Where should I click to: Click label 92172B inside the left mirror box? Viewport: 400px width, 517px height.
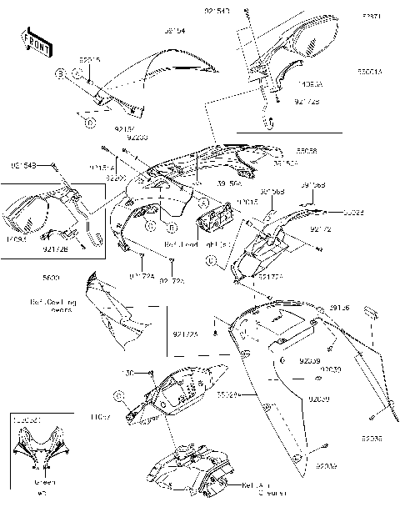pyautogui.click(x=55, y=248)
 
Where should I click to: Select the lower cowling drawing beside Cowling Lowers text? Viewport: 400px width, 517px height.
pyautogui.click(x=117, y=313)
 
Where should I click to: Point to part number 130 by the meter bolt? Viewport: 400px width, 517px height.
pyautogui.click(x=129, y=372)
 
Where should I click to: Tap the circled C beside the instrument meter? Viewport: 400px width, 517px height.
pyautogui.click(x=119, y=393)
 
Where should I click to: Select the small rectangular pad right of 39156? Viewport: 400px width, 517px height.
pyautogui.click(x=372, y=314)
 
